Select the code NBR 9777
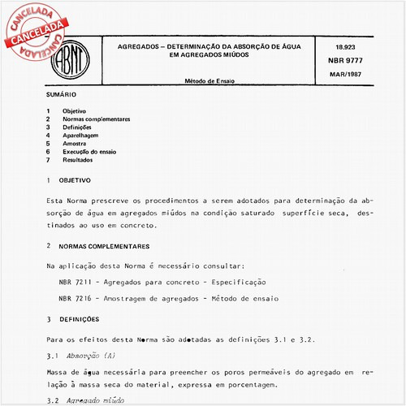[x=343, y=63]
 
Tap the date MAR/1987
[x=344, y=75]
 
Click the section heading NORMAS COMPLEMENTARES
[x=102, y=245]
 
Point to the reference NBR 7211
[x=75, y=282]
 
